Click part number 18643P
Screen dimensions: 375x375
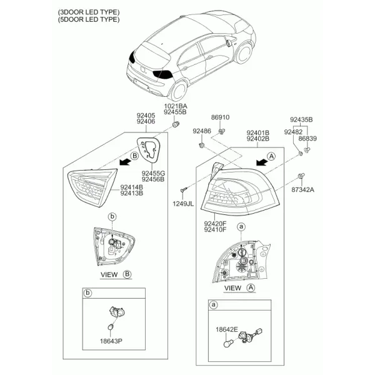pos(111,341)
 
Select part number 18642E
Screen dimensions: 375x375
pos(227,329)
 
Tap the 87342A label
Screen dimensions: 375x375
pos(302,189)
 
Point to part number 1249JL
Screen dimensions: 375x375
pos(183,204)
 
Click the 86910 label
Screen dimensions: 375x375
pos(220,117)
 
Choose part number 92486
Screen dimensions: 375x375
pos(202,131)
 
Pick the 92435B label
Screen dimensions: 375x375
pos(301,119)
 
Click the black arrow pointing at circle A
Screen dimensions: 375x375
pos(262,162)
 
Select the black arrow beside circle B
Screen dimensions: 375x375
pos(126,162)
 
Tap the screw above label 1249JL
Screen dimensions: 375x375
pos(184,190)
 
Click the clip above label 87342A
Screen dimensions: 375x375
pos(301,176)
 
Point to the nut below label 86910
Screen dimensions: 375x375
pos(222,131)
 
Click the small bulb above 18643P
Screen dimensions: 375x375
pos(111,327)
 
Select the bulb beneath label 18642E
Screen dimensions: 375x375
pos(227,344)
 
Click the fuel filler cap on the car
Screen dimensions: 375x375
pos(228,42)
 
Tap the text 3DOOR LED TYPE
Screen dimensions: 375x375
pos(89,12)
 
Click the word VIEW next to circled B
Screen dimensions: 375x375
pos(109,274)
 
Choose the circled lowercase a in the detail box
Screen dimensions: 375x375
pos(213,305)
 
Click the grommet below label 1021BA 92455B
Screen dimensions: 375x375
pos(176,124)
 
